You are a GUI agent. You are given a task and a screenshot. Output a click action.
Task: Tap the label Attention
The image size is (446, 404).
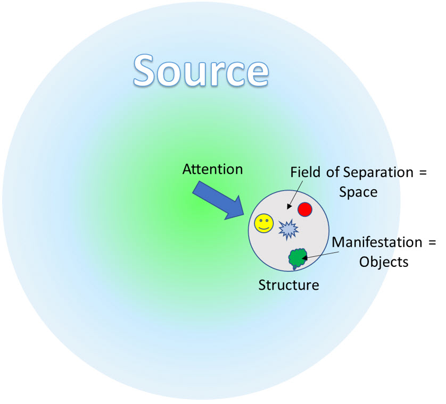(x=212, y=169)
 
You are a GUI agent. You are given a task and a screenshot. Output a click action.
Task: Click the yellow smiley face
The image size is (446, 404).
(x=263, y=223)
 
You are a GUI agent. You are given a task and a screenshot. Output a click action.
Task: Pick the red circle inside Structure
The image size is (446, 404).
(x=304, y=209)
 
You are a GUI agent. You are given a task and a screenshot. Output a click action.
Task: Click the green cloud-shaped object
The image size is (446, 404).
(x=297, y=258)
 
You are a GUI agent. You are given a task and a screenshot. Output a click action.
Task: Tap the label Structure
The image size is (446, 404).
(x=288, y=285)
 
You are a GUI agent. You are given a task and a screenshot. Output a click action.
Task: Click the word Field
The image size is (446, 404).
(x=304, y=172)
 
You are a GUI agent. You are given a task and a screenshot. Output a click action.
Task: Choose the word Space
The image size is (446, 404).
(x=358, y=191)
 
